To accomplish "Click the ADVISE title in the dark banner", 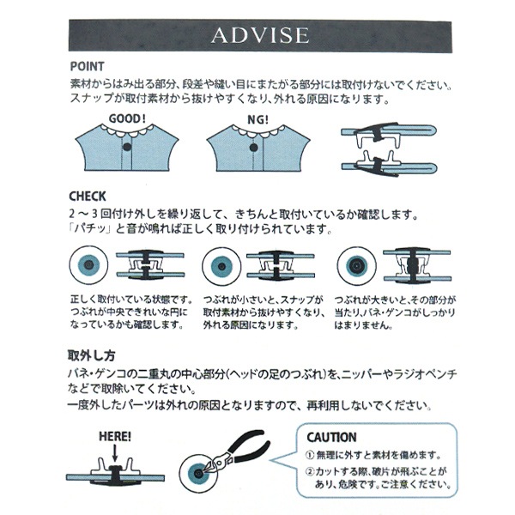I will click(258, 36).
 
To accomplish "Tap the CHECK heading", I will click(88, 196).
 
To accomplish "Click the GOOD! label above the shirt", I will click(128, 119).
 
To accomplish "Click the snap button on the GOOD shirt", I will click(128, 148).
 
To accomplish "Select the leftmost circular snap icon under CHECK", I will click(87, 264).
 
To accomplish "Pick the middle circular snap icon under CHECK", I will click(218, 264).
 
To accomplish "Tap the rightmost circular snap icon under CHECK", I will click(352, 264).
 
